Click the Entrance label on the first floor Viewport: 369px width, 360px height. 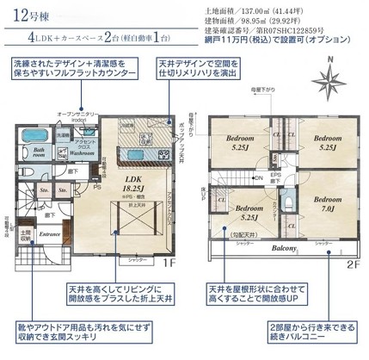50,233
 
